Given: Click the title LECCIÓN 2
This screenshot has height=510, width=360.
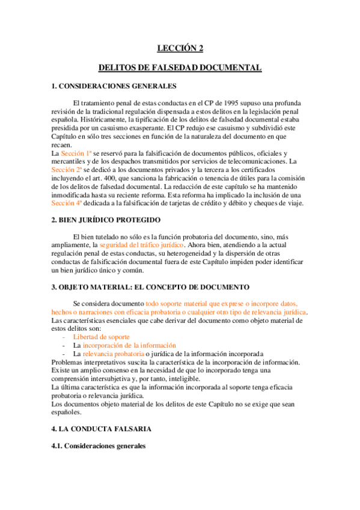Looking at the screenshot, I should pos(180,49).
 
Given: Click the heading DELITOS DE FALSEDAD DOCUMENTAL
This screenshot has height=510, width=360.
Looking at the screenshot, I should pos(180,68).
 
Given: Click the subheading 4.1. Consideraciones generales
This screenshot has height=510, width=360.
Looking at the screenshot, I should pos(99,447).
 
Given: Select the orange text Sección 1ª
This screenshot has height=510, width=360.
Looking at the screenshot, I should pos(76,154).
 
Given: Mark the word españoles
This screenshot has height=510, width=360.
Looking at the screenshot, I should pos(68,413).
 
